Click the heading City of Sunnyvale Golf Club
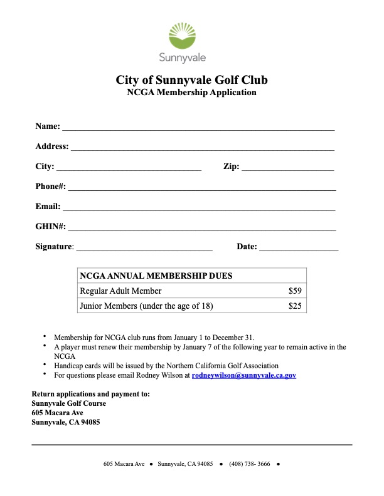click(x=191, y=80)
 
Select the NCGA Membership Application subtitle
click(x=191, y=93)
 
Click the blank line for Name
click(x=198, y=127)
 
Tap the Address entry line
click(x=202, y=147)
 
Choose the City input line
click(x=129, y=167)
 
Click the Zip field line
click(x=287, y=167)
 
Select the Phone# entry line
click(x=201, y=187)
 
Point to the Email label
click(x=48, y=207)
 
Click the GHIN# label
click(x=50, y=227)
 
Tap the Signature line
click(x=144, y=247)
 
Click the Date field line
click(x=299, y=247)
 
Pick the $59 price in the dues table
click(x=295, y=291)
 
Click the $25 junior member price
click(x=295, y=306)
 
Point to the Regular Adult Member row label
click(x=120, y=291)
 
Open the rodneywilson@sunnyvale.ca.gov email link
click(x=243, y=375)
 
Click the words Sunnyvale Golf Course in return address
click(x=69, y=403)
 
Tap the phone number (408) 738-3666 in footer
click(x=250, y=464)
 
